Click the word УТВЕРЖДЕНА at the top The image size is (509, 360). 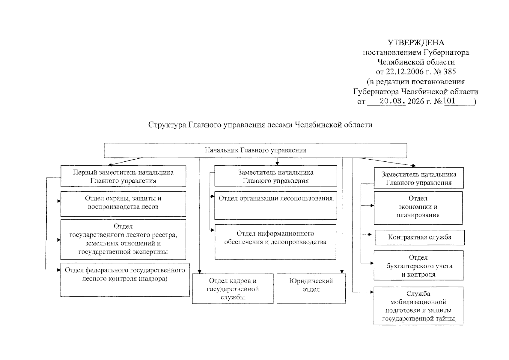pyautogui.click(x=416, y=43)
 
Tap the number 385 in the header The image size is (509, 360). pyautogui.click(x=450, y=72)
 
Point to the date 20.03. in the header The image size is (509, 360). pyautogui.click(x=392, y=101)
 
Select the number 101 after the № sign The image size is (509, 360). pyautogui.click(x=449, y=101)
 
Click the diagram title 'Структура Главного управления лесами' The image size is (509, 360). pyautogui.click(x=260, y=125)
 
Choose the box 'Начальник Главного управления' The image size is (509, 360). pyautogui.click(x=255, y=150)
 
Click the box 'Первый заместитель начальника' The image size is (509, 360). pyautogui.click(x=123, y=176)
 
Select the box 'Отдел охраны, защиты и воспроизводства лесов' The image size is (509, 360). pyautogui.click(x=123, y=204)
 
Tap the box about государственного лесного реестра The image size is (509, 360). pyautogui.click(x=123, y=239)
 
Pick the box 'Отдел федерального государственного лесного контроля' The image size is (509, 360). pyautogui.click(x=125, y=280)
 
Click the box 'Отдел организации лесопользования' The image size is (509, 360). pyautogui.click(x=275, y=205)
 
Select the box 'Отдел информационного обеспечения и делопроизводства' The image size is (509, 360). pyautogui.click(x=275, y=242)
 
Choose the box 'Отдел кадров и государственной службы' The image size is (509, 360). pyautogui.click(x=233, y=289)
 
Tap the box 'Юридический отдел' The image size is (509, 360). pyautogui.click(x=311, y=288)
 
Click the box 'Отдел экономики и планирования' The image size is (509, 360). pyautogui.click(x=418, y=208)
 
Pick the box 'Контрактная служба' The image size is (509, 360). pyautogui.click(x=420, y=237)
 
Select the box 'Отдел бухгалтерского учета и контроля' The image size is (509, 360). pyautogui.click(x=418, y=265)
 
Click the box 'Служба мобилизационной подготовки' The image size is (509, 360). pyautogui.click(x=418, y=306)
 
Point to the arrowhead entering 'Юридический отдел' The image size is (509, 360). pyautogui.click(x=342, y=272)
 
